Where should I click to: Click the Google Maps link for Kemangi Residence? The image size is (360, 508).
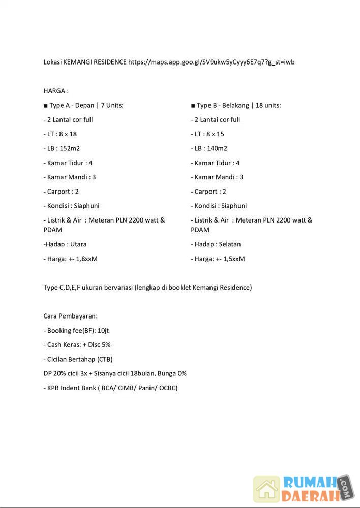point(211,62)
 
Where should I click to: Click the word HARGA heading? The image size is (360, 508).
point(55,91)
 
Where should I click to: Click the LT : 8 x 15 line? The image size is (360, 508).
point(207,134)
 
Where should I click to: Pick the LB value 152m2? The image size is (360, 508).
point(71,148)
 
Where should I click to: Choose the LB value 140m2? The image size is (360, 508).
point(218,148)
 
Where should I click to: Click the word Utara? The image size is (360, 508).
point(78,244)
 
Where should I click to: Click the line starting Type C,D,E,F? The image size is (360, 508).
point(147,288)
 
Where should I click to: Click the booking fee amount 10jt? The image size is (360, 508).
point(103,330)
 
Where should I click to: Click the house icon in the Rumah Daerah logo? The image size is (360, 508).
point(267,489)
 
